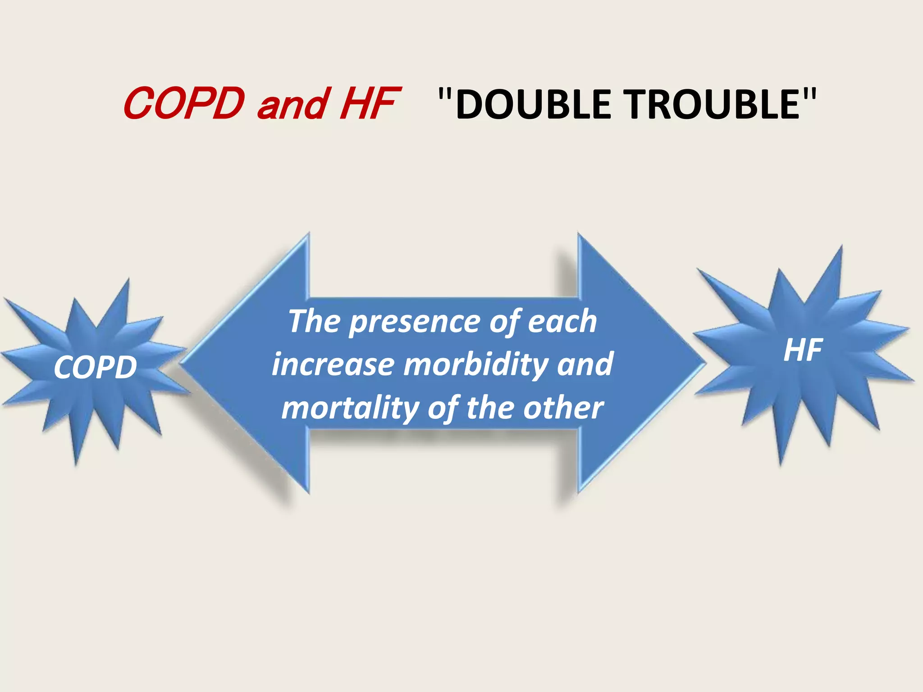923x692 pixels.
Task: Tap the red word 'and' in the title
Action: click(x=292, y=105)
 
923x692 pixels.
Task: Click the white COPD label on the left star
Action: click(x=95, y=367)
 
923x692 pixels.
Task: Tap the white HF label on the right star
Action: click(x=803, y=350)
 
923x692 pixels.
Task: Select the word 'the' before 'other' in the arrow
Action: click(x=489, y=407)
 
